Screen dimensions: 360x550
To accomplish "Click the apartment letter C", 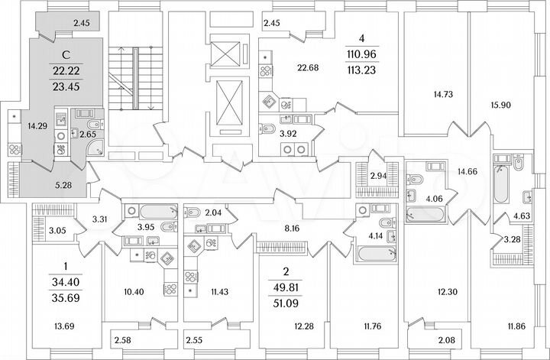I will tap(66, 54).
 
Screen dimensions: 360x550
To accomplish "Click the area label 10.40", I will tap(134, 293).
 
